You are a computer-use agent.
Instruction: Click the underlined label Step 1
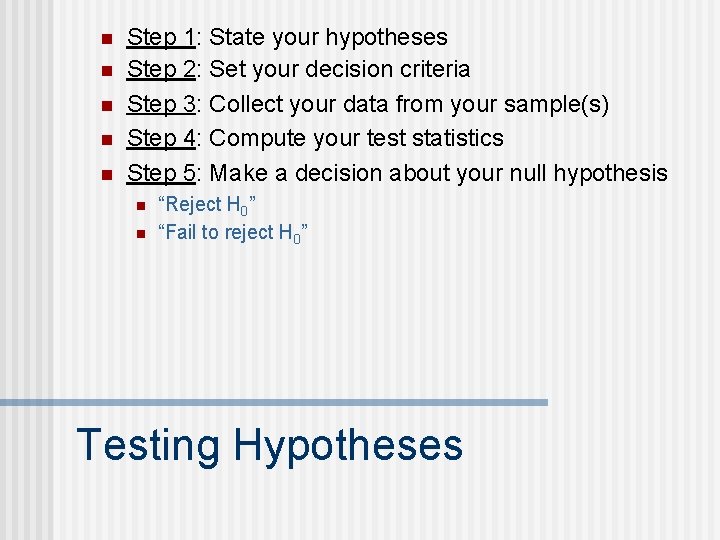click(x=160, y=38)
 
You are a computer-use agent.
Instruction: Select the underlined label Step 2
click(x=160, y=70)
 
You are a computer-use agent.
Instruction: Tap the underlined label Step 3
click(x=160, y=104)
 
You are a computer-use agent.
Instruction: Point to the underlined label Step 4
click(x=160, y=138)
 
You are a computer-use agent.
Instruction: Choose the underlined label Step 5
click(x=160, y=173)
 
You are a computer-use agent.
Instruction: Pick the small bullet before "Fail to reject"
click(x=140, y=233)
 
